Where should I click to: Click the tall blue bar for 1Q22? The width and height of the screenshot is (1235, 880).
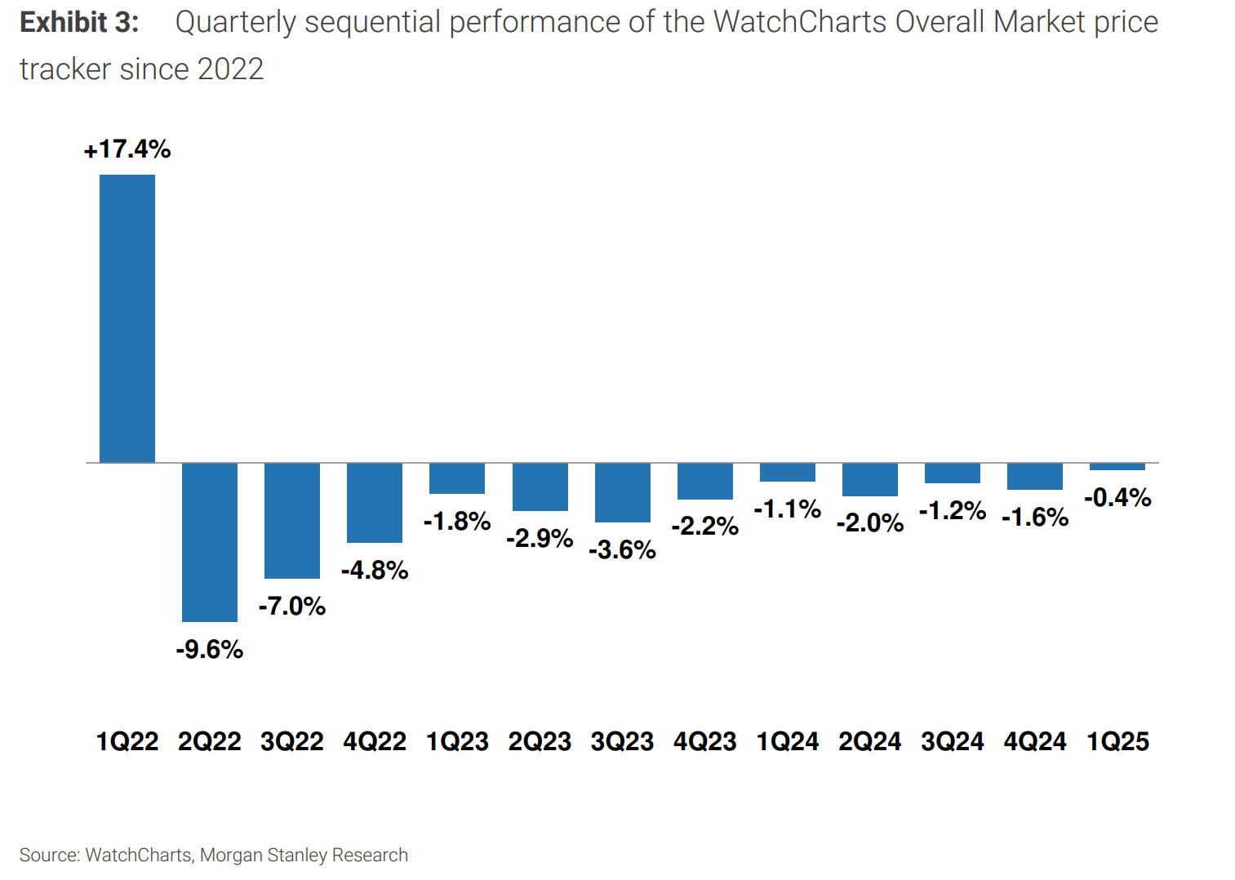pyautogui.click(x=127, y=318)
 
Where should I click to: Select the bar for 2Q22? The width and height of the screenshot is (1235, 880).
pyautogui.click(x=210, y=542)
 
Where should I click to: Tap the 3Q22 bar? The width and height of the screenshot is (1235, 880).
pyautogui.click(x=292, y=521)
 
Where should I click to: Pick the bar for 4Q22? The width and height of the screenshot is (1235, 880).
pyautogui.click(x=375, y=503)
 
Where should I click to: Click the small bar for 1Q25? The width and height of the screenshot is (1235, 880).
pyautogui.click(x=1117, y=467)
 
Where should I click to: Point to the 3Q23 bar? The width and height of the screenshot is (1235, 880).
pyautogui.click(x=622, y=493)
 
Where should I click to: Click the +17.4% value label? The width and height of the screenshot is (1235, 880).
pyautogui.click(x=127, y=149)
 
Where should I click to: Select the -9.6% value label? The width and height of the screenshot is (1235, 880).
pyautogui.click(x=210, y=650)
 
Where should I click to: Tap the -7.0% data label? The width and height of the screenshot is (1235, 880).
pyautogui.click(x=292, y=607)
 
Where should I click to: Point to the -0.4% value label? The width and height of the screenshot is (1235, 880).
pyautogui.click(x=1117, y=498)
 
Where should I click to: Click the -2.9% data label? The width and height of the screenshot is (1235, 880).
pyautogui.click(x=540, y=539)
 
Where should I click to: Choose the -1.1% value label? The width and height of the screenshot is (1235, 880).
pyautogui.click(x=787, y=509)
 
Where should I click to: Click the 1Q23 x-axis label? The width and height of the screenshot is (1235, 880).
pyautogui.click(x=457, y=742)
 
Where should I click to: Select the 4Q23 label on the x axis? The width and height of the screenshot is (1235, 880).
pyautogui.click(x=704, y=742)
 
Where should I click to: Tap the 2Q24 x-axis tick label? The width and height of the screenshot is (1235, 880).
pyautogui.click(x=869, y=742)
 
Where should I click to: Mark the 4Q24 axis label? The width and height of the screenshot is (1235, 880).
pyautogui.click(x=1035, y=742)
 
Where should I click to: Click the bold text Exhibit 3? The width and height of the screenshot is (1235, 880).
pyautogui.click(x=79, y=23)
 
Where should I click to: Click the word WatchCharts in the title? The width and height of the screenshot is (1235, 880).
pyautogui.click(x=800, y=23)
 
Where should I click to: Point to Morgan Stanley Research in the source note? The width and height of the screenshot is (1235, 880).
pyautogui.click(x=304, y=856)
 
